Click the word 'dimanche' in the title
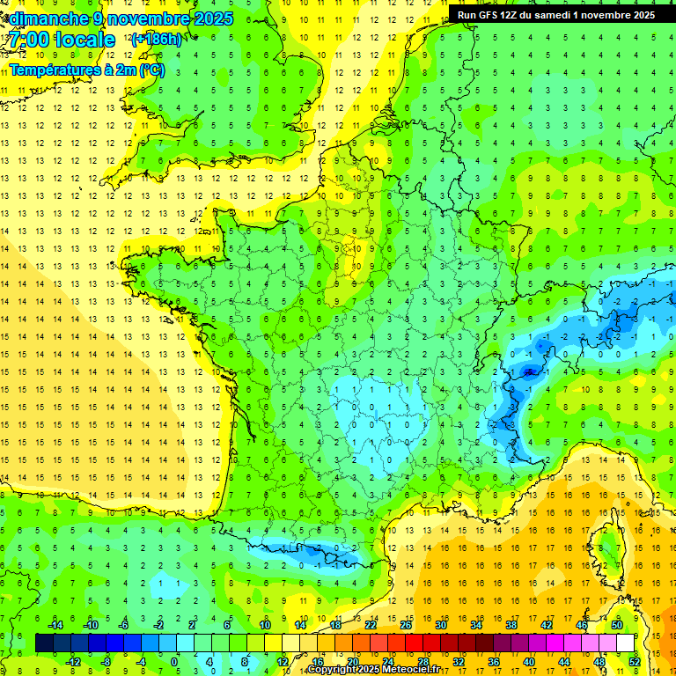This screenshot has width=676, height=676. [48, 18]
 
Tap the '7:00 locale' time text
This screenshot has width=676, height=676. [62, 40]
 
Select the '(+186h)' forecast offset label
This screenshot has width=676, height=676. [157, 39]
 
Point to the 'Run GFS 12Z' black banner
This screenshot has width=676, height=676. [556, 14]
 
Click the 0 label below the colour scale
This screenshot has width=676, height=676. [174, 661]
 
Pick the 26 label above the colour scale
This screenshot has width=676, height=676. [406, 625]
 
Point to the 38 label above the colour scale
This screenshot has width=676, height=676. [511, 625]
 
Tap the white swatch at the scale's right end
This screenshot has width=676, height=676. [626, 643]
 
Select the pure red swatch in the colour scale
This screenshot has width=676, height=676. [414, 643]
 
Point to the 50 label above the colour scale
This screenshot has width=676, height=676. [617, 625]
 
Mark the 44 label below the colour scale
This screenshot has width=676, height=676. [563, 661]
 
